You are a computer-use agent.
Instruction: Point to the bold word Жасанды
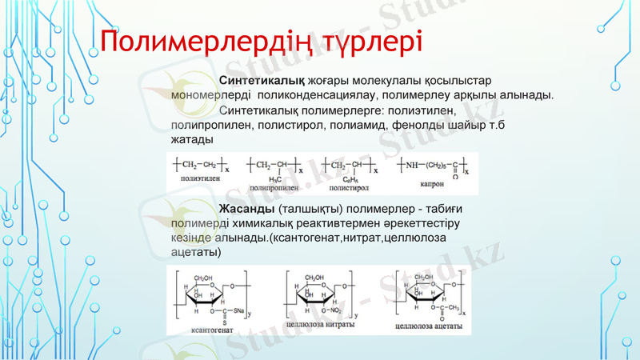247,209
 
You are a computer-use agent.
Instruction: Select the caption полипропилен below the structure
274,187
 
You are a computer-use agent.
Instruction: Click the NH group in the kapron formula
411,165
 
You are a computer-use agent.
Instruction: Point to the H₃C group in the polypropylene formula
275,178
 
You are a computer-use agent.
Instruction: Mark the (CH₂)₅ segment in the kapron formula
437,165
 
